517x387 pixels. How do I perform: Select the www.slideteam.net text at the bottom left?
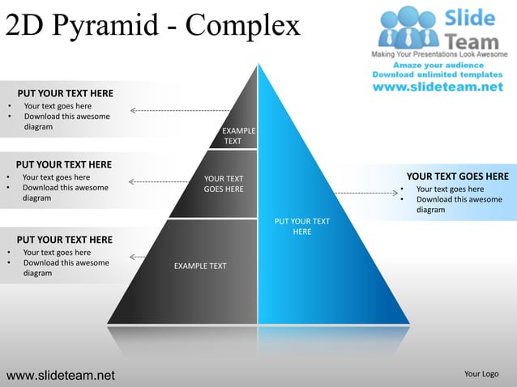tap(61, 375)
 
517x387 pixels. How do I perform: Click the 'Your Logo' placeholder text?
tap(481, 374)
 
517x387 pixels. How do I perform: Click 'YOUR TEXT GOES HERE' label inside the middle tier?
tap(223, 184)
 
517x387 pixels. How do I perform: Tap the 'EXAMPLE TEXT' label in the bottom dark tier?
tap(200, 266)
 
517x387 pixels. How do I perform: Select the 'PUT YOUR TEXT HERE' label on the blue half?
tap(301, 226)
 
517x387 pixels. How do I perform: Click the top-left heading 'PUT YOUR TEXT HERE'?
tap(66, 93)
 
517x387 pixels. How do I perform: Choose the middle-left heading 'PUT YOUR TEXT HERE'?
tap(64, 164)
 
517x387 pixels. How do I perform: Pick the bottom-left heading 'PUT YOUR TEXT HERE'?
tap(65, 239)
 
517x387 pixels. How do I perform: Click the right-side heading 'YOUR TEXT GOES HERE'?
tap(457, 176)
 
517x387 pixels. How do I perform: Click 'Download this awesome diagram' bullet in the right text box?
tap(459, 205)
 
